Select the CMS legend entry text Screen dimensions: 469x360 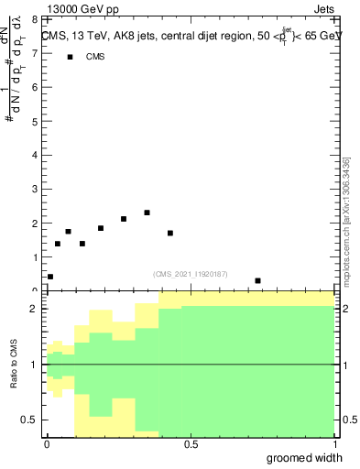click(95, 57)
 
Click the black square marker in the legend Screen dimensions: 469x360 click(70, 57)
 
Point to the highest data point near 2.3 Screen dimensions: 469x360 click(147, 213)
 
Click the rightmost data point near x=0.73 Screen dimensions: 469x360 click(257, 280)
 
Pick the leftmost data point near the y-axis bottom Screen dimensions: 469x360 click(50, 277)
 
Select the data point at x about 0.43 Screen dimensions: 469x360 click(170, 233)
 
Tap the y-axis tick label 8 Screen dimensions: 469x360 click(34, 19)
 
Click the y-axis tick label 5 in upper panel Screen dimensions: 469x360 click(34, 121)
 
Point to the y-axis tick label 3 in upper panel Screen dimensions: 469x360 click(34, 189)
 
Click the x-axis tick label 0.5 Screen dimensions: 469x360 click(190, 444)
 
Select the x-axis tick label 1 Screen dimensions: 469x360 click(333, 444)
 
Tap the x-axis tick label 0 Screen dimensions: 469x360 click(47, 444)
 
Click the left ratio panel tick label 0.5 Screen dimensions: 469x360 click(29, 420)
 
